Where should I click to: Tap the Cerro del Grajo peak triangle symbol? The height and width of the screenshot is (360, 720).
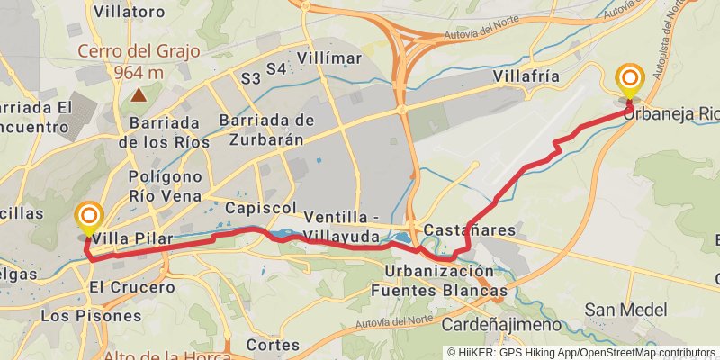(139, 93)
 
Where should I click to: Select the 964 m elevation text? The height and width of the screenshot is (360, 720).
(139, 72)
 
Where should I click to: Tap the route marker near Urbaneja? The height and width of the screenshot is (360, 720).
(629, 81)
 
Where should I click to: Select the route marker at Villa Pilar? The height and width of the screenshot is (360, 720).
(88, 218)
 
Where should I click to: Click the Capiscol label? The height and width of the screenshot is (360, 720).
(260, 208)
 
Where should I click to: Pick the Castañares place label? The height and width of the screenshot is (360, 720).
(469, 230)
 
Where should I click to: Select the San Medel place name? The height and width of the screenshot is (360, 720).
(625, 310)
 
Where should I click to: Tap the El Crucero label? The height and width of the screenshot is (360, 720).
(131, 288)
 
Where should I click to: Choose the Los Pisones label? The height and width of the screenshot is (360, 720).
(91, 316)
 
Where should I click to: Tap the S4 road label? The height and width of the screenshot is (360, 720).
(276, 68)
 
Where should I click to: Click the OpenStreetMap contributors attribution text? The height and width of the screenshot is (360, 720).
(645, 352)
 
